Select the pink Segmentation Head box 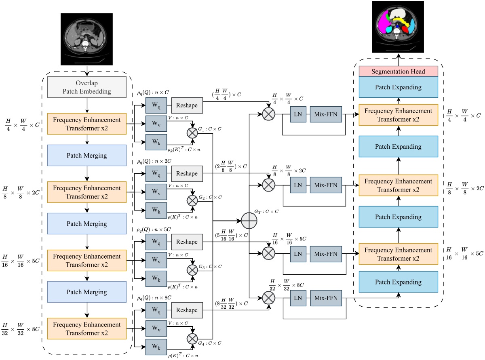pos(399,72)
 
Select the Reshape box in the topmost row pos(187,105)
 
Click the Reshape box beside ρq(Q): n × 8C pos(187,310)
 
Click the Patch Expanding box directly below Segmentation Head pos(399,87)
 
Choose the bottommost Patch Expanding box pos(399,282)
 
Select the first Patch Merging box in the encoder pos(87,156)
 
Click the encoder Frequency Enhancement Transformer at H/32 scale pos(87,328)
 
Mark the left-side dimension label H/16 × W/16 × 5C pos(20,261)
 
